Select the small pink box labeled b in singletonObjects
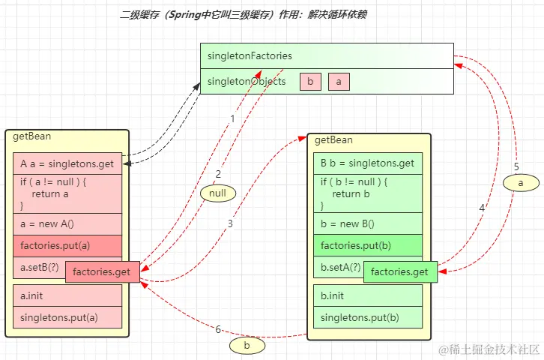click(309, 81)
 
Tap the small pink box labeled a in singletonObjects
click(339, 81)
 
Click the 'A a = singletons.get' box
click(67, 163)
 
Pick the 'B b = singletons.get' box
click(367, 163)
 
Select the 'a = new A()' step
click(67, 223)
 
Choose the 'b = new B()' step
click(367, 223)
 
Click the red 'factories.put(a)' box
click(67, 245)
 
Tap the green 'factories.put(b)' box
click(367, 245)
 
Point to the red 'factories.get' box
click(103, 271)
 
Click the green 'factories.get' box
click(399, 271)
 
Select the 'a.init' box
click(67, 295)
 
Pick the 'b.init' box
click(367, 295)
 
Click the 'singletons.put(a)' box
click(67, 317)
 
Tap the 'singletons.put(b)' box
click(367, 317)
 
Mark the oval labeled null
click(217, 193)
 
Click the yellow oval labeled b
click(248, 346)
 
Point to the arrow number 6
click(218, 329)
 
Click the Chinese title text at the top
click(244, 15)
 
